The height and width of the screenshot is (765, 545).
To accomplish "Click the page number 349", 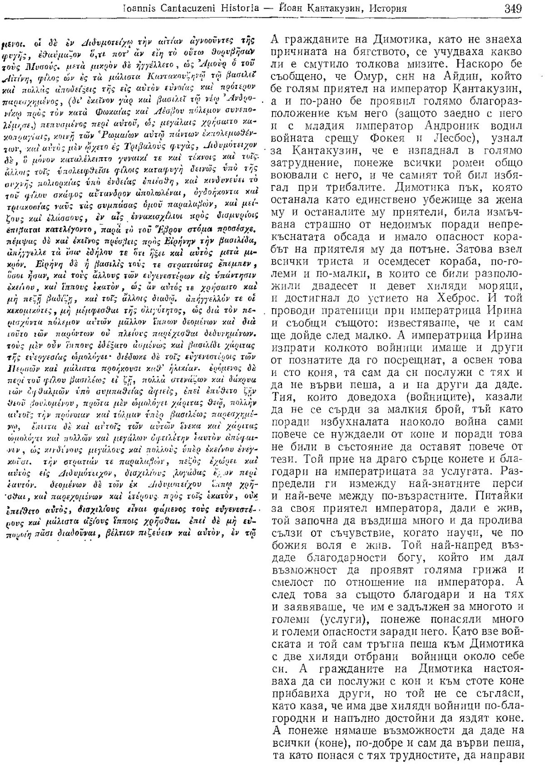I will pos(513,9).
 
